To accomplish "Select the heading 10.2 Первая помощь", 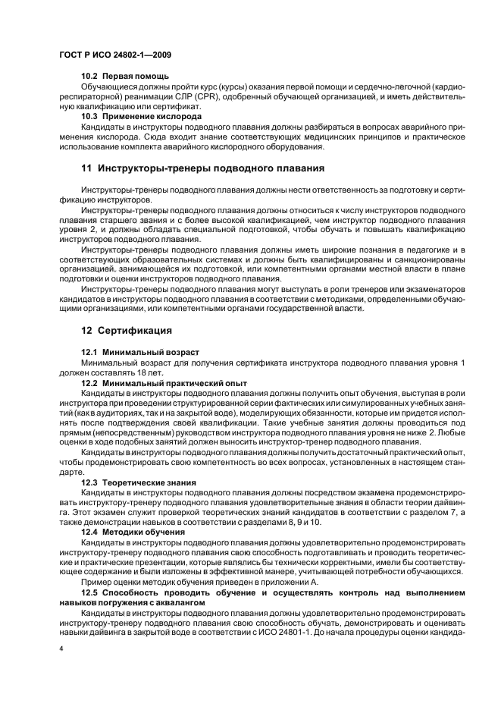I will click(x=125, y=77).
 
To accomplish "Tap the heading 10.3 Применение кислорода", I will click(x=141, y=118).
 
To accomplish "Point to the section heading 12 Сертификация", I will click(x=126, y=330).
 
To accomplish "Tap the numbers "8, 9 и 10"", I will click(x=299, y=522).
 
